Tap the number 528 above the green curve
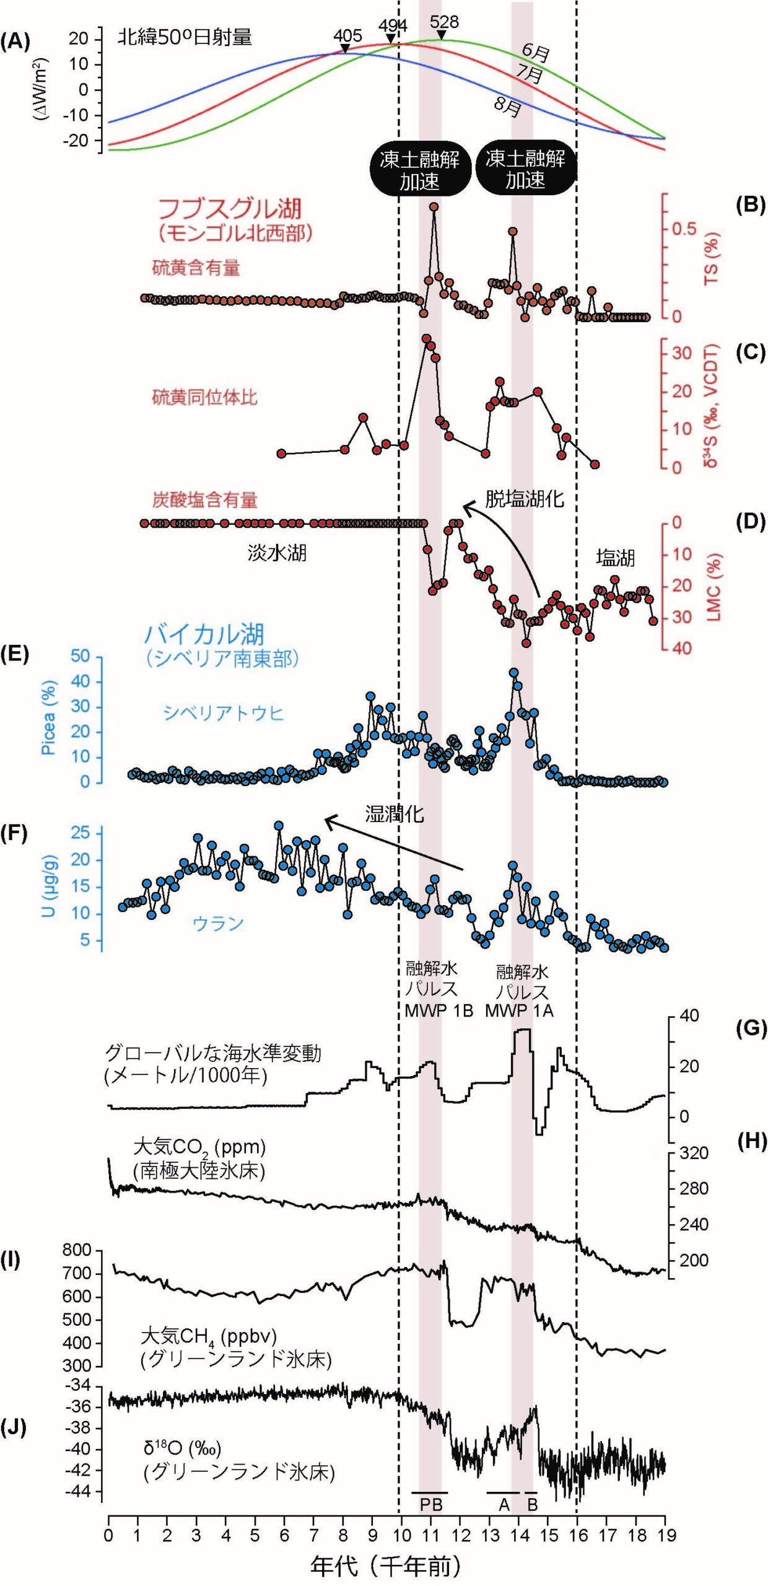point(444,22)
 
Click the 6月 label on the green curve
point(535,53)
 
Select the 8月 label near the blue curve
point(507,107)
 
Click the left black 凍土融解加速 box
point(419,170)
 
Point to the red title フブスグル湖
point(230,209)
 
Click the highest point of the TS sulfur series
point(434,207)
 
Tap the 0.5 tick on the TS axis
point(684,229)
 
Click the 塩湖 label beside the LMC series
point(615,558)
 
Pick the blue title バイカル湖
point(204,634)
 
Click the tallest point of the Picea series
point(513,673)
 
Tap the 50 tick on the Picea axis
point(80,656)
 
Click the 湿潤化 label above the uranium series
point(395,814)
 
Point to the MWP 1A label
point(519,1011)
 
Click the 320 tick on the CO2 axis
point(694,1153)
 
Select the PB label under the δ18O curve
point(431,1504)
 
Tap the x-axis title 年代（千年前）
point(386,1566)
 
